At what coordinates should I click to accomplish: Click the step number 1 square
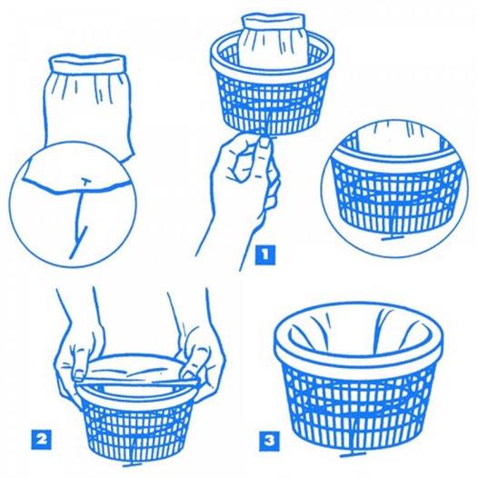point(264,254)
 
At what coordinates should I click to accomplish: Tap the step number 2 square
point(42,439)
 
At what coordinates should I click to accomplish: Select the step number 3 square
point(270,441)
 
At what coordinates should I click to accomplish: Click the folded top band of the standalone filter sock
point(88,62)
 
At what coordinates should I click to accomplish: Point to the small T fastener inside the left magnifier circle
point(85,182)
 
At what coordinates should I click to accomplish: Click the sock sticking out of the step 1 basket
point(273,40)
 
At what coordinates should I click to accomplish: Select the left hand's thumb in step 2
point(79,366)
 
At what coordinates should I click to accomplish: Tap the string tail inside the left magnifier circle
point(79,221)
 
